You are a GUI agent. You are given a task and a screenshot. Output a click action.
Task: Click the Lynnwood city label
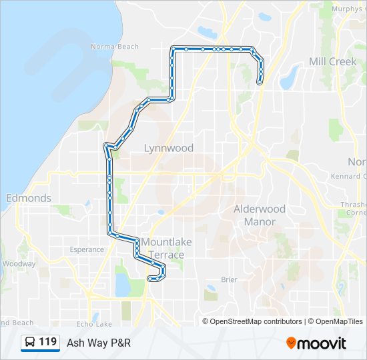pyautogui.click(x=169, y=148)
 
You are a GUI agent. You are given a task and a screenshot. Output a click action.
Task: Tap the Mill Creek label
pyautogui.click(x=332, y=61)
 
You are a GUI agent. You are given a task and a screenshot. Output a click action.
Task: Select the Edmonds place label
pyautogui.click(x=28, y=198)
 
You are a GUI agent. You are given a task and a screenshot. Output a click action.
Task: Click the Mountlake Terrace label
pyautogui.click(x=163, y=249)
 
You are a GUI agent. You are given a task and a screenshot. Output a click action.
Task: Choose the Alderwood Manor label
pyautogui.click(x=260, y=215)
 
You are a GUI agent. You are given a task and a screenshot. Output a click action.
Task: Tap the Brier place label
pyautogui.click(x=228, y=280)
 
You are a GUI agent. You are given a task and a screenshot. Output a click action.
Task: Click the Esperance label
pyautogui.click(x=87, y=250)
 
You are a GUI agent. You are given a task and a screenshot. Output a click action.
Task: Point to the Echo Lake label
pyautogui.click(x=94, y=324)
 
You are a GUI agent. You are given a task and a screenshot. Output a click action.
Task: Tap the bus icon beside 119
pyautogui.click(x=30, y=343)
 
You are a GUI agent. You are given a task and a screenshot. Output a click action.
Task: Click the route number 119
pyautogui.click(x=47, y=342)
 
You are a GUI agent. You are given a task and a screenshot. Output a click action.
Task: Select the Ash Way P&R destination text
pyautogui.click(x=98, y=343)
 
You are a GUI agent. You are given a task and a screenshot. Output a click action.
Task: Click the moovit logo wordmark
pyautogui.click(x=322, y=343)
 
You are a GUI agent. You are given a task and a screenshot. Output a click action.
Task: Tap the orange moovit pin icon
pyautogui.click(x=291, y=343)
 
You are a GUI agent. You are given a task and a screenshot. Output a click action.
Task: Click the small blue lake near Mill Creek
pyautogui.click(x=289, y=79)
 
